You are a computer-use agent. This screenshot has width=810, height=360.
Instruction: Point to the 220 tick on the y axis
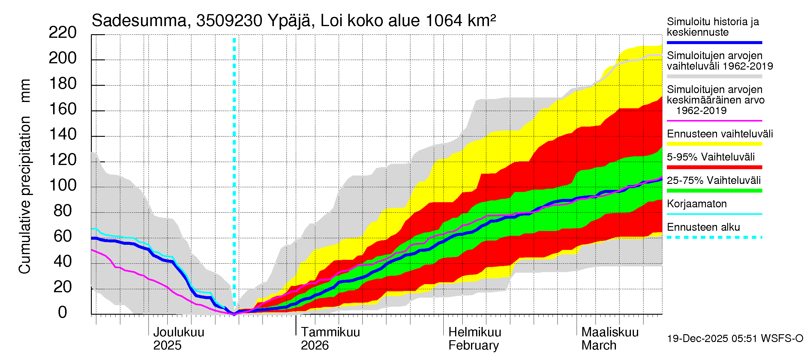point(62,33)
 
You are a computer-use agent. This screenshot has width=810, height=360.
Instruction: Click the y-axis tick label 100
point(62,185)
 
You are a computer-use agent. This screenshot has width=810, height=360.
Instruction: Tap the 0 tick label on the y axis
point(62,312)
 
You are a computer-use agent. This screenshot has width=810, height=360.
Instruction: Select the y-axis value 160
point(62,109)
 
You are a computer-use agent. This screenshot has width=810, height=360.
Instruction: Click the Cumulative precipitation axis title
point(25,176)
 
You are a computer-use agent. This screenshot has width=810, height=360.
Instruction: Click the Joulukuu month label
point(178,332)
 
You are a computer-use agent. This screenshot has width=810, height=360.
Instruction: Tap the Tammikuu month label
point(330,332)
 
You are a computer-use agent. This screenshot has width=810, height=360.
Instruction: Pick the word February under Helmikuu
point(473,345)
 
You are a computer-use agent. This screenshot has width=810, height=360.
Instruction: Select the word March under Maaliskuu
point(599,345)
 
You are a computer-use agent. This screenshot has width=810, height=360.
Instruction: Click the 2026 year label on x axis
point(314,345)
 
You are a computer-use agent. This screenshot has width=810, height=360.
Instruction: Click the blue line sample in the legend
point(714,42)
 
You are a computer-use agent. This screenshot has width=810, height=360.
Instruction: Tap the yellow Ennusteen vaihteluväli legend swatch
point(714,144)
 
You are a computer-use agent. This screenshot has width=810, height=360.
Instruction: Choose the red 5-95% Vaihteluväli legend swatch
point(714,167)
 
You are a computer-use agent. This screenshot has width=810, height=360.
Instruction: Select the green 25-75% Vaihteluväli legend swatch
point(714,190)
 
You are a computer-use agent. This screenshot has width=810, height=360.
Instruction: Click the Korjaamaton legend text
point(697,204)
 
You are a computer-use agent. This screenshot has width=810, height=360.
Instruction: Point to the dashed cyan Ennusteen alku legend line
point(714,237)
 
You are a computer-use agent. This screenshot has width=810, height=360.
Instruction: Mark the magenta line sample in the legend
point(714,120)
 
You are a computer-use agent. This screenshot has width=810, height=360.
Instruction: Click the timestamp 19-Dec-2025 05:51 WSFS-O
point(735,338)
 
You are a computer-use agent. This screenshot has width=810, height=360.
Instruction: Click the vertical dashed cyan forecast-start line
point(234,157)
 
